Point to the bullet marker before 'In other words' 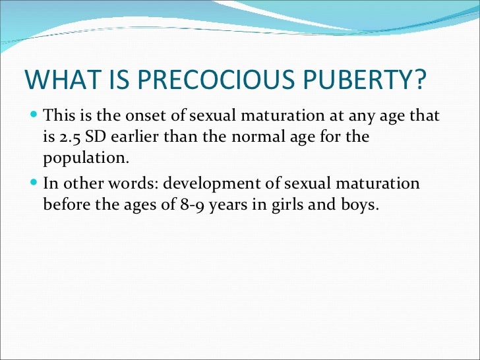coord(34,183)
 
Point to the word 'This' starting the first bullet coord(57,117)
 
